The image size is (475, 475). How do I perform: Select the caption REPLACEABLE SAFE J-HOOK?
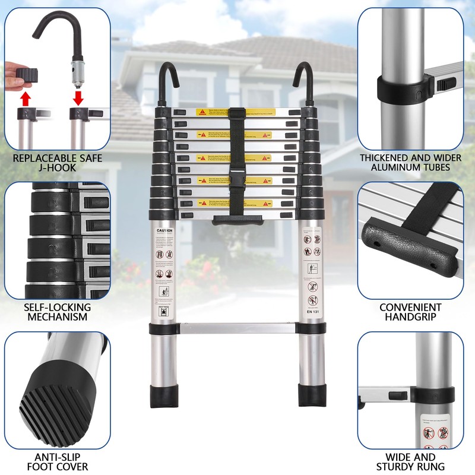tap(58, 163)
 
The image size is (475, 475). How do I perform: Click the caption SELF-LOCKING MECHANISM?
tap(58, 312)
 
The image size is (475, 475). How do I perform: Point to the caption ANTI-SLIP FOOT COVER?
tap(58, 461)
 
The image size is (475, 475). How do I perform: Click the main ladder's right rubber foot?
tap(312, 395)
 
